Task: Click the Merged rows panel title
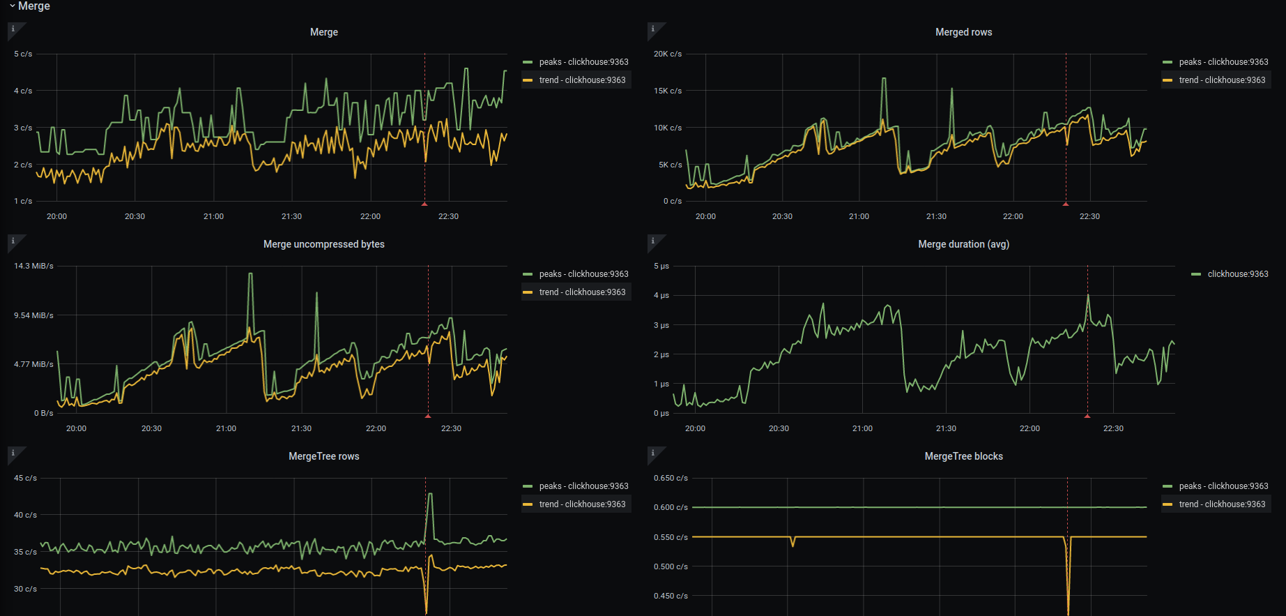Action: coord(963,32)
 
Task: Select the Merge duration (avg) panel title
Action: coord(963,244)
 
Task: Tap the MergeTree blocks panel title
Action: coord(963,456)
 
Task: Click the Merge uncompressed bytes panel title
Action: coord(323,244)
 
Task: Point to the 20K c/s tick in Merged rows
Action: coord(667,54)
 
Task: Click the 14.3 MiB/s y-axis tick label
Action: coord(33,266)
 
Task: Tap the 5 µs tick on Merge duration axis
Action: coord(661,266)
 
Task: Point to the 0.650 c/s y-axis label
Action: coord(671,478)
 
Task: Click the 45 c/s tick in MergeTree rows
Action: coord(25,478)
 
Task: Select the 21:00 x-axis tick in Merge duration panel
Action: coord(862,428)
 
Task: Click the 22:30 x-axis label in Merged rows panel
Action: coord(1089,216)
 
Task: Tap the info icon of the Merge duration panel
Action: coord(653,241)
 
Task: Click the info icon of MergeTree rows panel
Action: coord(13,453)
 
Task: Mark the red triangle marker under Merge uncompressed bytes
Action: coord(428,416)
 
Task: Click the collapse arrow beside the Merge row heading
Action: coord(12,6)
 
